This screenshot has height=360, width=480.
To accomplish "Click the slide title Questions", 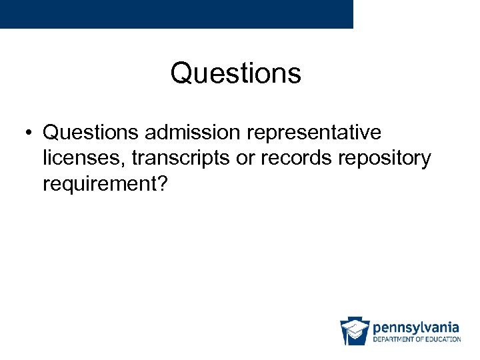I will pyautogui.click(x=235, y=73).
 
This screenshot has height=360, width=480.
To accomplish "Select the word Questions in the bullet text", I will pyautogui.click(x=91, y=133).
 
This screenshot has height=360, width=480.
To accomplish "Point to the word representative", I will pyautogui.click(x=314, y=133).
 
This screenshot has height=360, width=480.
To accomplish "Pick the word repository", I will pyautogui.click(x=385, y=159).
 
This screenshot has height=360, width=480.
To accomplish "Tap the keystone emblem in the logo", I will pyautogui.click(x=355, y=331).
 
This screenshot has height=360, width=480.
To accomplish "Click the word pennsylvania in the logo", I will pyautogui.click(x=416, y=327).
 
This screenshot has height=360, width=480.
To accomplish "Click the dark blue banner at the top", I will pyautogui.click(x=176, y=13).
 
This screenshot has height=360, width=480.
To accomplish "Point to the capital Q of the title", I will pyautogui.click(x=181, y=73).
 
